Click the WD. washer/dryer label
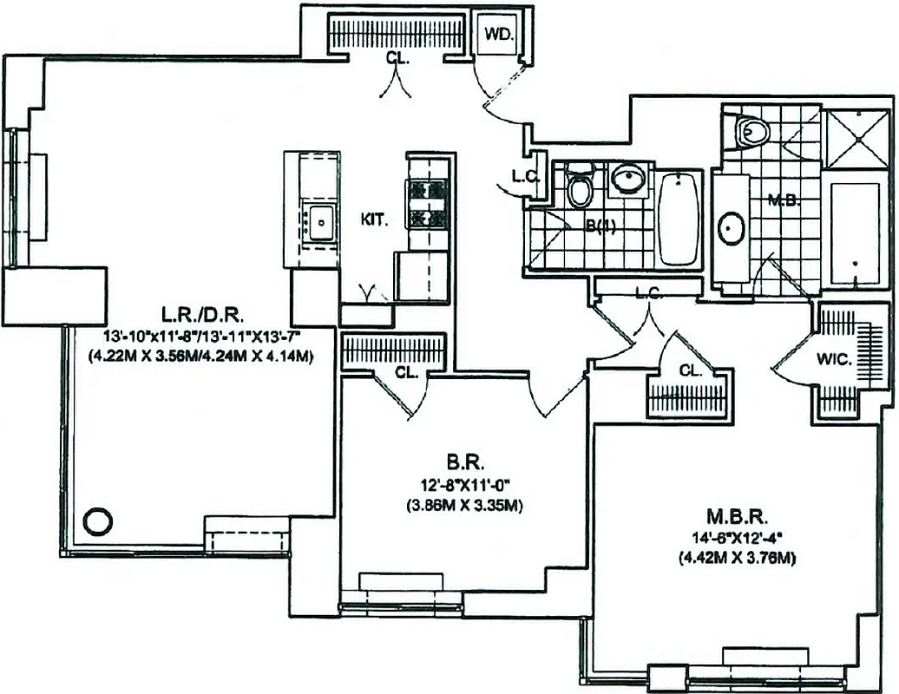click(498, 36)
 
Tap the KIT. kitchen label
click(374, 219)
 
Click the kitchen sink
click(319, 220)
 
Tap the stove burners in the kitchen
click(427, 203)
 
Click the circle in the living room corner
click(97, 521)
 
